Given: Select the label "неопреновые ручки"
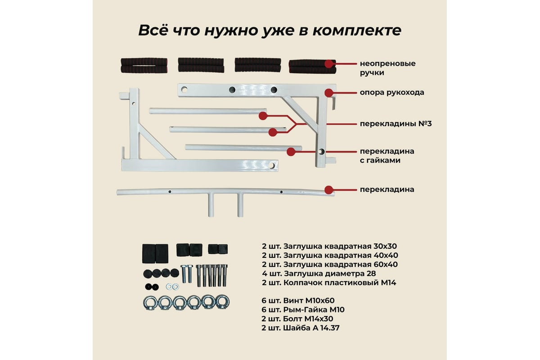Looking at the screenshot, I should (387, 67).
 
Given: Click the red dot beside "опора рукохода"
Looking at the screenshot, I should (329, 93).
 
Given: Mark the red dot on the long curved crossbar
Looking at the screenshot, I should (329, 189).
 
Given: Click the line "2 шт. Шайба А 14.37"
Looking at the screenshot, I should (300, 328).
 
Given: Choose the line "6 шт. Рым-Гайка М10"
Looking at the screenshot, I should (303, 310).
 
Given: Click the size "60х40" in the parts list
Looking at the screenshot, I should (386, 264).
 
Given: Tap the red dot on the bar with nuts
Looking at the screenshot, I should (292, 151).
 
